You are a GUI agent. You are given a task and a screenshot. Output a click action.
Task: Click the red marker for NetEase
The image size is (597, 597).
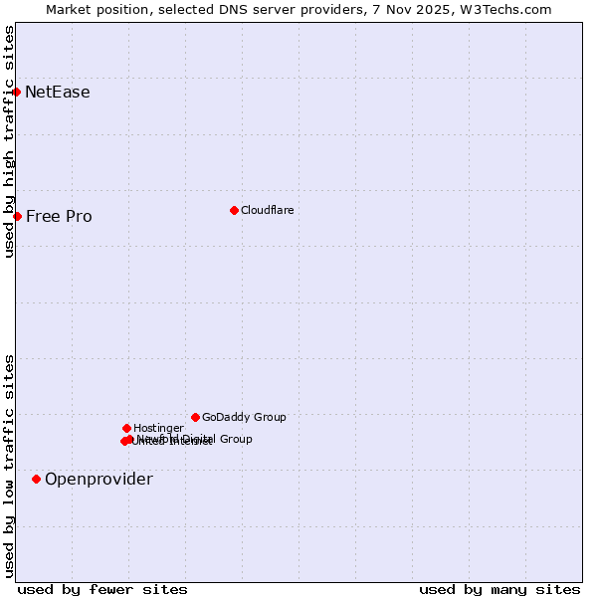(x=16, y=92)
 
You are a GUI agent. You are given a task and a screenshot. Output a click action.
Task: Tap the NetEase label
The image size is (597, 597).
(x=58, y=93)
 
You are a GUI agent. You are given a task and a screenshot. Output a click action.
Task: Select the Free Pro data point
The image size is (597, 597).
(x=17, y=216)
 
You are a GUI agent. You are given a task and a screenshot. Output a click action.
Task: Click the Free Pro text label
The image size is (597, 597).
(x=59, y=217)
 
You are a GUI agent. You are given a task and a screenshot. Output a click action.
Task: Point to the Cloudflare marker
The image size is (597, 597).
(x=234, y=210)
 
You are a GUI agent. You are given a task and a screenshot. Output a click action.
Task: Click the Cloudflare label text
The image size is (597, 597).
(x=267, y=210)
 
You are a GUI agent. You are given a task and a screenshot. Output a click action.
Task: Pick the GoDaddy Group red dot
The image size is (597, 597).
(x=195, y=417)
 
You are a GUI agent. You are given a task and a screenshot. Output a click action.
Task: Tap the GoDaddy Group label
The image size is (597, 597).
(x=244, y=417)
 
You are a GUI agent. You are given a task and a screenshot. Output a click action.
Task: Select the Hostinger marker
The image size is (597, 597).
(x=126, y=428)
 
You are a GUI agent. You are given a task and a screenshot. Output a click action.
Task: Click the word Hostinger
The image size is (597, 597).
(x=158, y=428)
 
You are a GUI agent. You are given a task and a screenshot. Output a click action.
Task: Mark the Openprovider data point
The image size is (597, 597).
(x=36, y=479)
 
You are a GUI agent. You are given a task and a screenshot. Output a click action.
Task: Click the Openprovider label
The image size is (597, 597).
(x=99, y=480)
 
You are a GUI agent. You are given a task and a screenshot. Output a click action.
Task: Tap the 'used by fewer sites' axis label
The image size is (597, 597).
(x=102, y=589)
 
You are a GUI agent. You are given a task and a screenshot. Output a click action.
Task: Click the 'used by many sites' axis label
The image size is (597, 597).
(x=499, y=589)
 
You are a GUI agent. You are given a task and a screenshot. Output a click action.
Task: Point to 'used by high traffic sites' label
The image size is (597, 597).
(x=9, y=141)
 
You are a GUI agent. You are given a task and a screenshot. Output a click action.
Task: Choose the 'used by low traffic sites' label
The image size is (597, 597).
(x=9, y=466)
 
